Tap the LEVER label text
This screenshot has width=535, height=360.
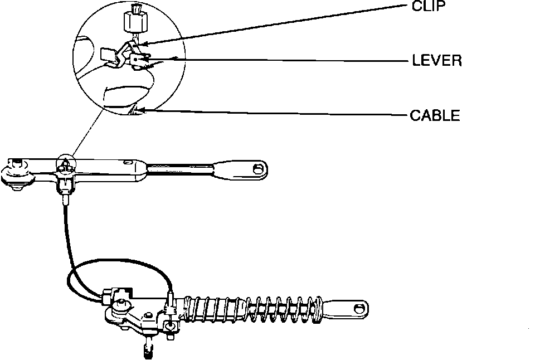click(437, 60)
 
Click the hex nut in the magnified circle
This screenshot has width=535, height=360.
click(133, 22)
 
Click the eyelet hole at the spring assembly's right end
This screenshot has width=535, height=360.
click(359, 307)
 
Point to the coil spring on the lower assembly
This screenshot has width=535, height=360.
click(251, 310)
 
